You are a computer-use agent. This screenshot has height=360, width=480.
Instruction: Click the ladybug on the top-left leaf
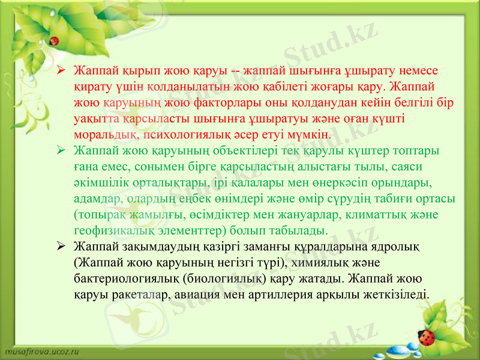pyautogui.click(x=54, y=41)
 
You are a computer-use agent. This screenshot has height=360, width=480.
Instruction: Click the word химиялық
pyautogui.click(x=344, y=263)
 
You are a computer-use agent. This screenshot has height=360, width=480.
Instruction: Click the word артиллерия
pyautogui.click(x=305, y=295)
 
